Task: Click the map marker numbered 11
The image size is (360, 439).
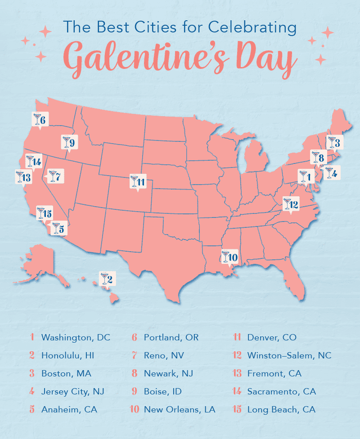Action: click(x=137, y=181)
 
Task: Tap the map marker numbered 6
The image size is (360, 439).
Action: click(x=40, y=119)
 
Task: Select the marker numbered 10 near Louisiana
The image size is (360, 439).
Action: click(x=230, y=257)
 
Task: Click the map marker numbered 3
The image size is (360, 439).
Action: click(x=335, y=143)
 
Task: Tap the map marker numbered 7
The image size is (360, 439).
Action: click(x=54, y=176)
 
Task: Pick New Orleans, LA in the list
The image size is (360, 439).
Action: click(x=179, y=409)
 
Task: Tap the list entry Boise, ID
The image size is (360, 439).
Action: click(x=162, y=391)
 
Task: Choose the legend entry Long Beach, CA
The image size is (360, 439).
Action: click(x=281, y=409)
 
